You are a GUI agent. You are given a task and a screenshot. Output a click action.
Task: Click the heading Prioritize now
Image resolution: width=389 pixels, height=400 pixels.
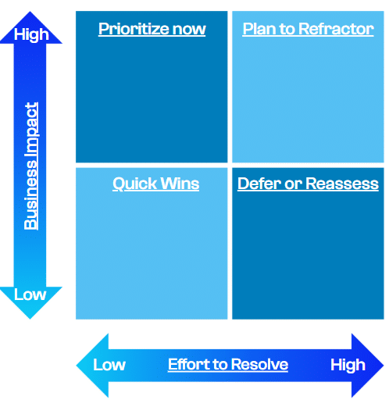(152, 29)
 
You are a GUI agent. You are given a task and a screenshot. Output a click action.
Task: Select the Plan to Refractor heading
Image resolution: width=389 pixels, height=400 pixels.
(308, 29)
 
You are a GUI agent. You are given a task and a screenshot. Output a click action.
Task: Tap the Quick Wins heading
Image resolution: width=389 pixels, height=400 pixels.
(156, 184)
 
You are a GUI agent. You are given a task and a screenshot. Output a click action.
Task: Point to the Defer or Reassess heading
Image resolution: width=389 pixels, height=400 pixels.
(308, 184)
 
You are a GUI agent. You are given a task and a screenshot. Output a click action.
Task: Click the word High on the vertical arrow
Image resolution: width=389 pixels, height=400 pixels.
(31, 34)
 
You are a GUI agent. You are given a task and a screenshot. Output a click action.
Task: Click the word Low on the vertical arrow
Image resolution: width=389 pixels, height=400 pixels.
(30, 295)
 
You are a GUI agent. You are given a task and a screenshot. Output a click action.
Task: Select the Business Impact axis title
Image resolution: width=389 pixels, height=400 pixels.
(31, 166)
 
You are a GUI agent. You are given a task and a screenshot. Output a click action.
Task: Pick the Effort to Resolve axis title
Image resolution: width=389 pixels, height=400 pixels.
(228, 364)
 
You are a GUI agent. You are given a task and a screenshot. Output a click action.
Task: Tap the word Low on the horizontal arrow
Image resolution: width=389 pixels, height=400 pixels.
(109, 365)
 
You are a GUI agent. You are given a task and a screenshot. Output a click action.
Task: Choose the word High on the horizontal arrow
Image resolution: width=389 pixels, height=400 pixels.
(348, 366)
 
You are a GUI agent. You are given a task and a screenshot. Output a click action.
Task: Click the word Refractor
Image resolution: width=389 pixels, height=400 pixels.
(336, 29)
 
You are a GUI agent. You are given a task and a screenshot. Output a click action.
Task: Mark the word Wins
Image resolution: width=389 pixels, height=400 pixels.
(180, 184)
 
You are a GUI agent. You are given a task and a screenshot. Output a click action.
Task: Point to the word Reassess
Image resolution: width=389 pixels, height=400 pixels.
(342, 184)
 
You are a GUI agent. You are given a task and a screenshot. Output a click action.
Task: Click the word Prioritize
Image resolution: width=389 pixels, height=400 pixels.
(134, 29)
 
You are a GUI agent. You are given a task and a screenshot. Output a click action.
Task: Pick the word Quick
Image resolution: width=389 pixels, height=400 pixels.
(134, 184)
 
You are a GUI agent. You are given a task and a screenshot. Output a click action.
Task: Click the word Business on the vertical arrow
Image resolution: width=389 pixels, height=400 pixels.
(30, 195)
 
